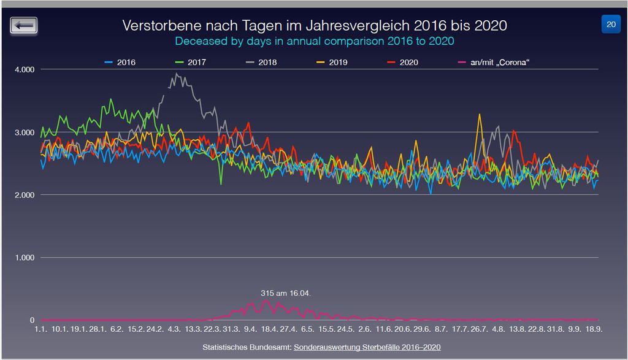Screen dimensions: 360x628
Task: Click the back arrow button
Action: [x=24, y=25]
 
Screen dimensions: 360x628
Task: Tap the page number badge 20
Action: [x=611, y=25]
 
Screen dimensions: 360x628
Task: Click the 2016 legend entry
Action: [x=120, y=62]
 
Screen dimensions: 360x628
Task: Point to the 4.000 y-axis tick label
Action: [x=24, y=69]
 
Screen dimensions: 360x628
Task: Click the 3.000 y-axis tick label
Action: [x=24, y=132]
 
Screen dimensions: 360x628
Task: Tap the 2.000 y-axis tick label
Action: [x=24, y=195]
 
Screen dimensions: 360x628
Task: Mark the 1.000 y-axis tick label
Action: [x=24, y=258]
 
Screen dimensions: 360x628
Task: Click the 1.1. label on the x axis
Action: [x=40, y=329]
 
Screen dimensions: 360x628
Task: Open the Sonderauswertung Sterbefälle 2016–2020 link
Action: [x=367, y=348]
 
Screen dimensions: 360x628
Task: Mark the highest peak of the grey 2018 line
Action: [x=177, y=74]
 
